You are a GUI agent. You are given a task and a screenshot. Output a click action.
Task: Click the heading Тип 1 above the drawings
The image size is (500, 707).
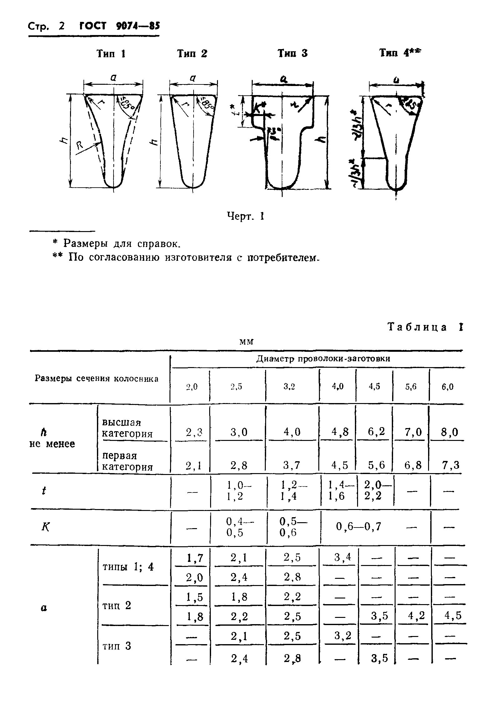[x=111, y=54]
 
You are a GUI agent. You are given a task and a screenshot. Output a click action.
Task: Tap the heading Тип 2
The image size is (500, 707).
[x=192, y=54]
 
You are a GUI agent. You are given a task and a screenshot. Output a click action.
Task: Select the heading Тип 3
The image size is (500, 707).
[x=293, y=53]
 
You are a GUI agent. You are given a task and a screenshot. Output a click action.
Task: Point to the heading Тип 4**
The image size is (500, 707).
[x=401, y=53]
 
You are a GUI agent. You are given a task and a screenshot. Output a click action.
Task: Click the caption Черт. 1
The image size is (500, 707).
[x=246, y=216]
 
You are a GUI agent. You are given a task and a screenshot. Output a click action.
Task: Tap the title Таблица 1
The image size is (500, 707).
[x=425, y=327]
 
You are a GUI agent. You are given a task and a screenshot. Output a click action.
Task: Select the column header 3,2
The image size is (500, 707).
[x=289, y=387]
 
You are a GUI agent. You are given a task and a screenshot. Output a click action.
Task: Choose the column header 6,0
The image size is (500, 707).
[x=447, y=387]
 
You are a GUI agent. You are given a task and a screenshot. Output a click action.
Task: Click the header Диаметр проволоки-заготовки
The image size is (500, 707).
[x=323, y=359]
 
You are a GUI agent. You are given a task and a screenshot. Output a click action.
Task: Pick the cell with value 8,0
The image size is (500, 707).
[x=449, y=432]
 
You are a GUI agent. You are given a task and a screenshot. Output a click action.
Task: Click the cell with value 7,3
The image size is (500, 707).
[x=451, y=465]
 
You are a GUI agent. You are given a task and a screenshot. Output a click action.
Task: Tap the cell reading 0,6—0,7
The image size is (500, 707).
[x=358, y=527]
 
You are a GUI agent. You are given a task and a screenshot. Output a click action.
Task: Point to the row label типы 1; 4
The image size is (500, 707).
[x=128, y=567]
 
